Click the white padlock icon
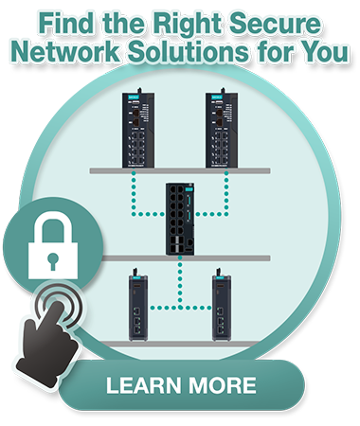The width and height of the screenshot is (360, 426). [44, 247]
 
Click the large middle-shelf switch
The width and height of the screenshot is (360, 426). [180, 218]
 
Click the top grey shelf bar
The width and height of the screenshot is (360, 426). [180, 171]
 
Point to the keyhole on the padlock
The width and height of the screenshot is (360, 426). [45, 257]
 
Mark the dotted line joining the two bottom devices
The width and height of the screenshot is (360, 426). [179, 306]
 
